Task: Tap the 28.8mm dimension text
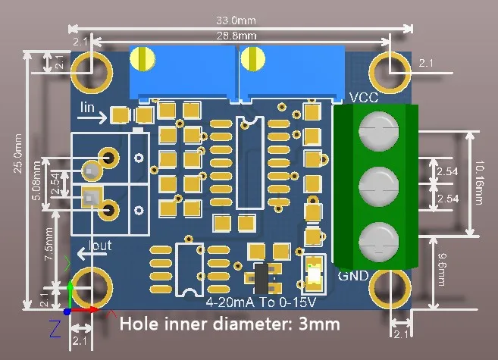coord(237,35)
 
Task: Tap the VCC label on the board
coord(364,98)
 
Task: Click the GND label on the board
coord(353,274)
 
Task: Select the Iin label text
coord(89,108)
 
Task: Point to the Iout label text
coord(100,246)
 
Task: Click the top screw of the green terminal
coord(376,130)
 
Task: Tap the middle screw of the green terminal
coord(376,184)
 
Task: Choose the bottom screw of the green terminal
coord(376,239)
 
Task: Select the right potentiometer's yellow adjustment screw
coord(252,58)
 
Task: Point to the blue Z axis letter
coord(55,328)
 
